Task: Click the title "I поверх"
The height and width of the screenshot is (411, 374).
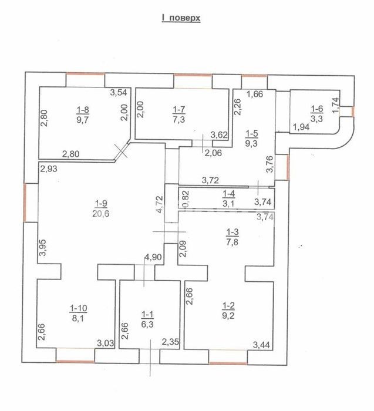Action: [181, 18]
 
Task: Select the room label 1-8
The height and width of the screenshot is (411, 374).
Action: [83, 110]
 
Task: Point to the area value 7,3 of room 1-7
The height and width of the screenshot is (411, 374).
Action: [179, 120]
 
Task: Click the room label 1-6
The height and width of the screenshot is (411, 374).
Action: [317, 109]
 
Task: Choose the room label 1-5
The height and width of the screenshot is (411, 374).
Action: [252, 134]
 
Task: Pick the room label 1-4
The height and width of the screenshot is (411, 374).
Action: [228, 194]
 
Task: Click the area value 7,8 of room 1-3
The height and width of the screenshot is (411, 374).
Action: [233, 242]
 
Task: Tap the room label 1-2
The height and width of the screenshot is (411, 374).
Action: [228, 306]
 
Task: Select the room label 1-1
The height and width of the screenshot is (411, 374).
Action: [147, 314]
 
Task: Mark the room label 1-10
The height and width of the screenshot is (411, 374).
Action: [78, 308]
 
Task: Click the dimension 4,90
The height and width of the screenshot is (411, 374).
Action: [153, 257]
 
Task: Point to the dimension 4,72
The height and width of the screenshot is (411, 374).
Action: [160, 206]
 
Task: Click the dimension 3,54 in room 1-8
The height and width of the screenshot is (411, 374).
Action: [119, 92]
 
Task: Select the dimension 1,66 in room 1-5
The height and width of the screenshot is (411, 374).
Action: [255, 94]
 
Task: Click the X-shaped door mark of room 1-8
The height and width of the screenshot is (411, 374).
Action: [121, 151]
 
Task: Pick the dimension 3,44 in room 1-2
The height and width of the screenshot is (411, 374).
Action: [261, 345]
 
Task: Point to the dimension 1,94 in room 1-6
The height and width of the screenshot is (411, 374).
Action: [301, 127]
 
